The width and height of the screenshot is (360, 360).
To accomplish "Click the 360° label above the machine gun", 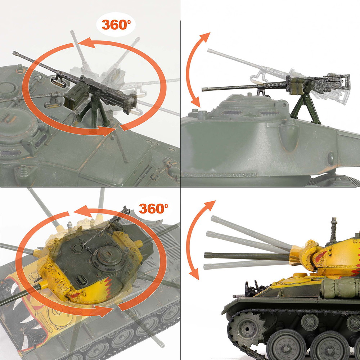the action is click(x=116, y=24).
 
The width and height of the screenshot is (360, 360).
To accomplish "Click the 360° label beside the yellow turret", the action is click(x=153, y=208).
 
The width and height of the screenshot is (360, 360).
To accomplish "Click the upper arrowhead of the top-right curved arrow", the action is click(x=206, y=37).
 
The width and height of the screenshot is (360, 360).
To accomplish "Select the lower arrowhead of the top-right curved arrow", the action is click(x=195, y=102).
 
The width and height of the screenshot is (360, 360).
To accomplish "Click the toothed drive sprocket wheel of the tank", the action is click(x=247, y=329).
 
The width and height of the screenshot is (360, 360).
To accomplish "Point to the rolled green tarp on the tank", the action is click(x=340, y=287).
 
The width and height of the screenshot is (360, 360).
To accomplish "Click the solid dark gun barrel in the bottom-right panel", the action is click(x=247, y=256).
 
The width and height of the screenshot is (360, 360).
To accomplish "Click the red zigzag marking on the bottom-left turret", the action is click(x=108, y=287).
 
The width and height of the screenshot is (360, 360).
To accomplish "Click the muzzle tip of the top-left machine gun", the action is click(x=14, y=53).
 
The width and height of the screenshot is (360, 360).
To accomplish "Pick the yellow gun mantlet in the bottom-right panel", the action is click(x=306, y=255).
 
